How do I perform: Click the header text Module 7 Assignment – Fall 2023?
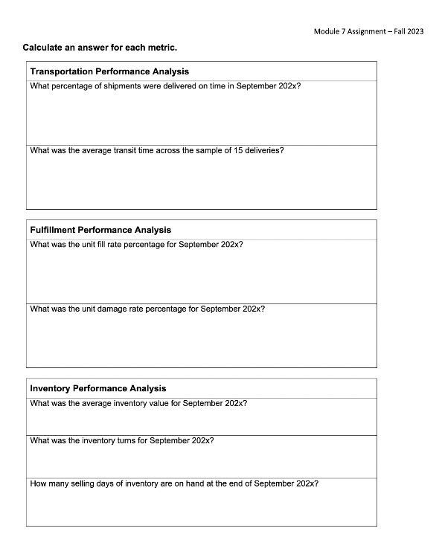368,32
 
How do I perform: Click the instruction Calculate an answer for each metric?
100,48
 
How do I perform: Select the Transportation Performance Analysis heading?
109,71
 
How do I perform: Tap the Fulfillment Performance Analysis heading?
100,230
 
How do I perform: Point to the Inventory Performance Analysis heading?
98,388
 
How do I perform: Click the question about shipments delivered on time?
165,86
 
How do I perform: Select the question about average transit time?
156,150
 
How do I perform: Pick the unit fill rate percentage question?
136,244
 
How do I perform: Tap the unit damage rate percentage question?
147,309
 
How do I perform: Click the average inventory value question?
138,403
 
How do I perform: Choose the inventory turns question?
122,440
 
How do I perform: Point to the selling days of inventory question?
174,483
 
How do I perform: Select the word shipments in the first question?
121,86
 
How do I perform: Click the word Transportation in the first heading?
60,71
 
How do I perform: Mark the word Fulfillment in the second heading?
52,230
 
